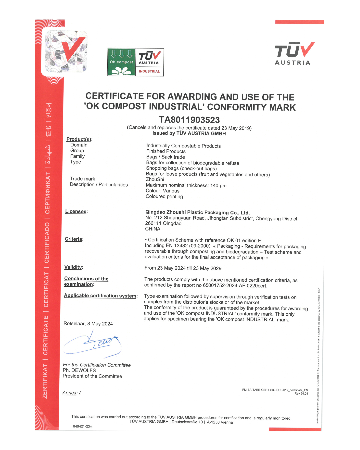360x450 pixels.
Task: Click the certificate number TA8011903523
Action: click(x=189, y=120)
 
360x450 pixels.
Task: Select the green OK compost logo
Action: click(x=121, y=62)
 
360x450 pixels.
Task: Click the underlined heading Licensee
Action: click(x=76, y=211)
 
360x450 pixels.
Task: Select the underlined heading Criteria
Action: click(x=74, y=239)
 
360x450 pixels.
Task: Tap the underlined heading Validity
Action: click(x=73, y=267)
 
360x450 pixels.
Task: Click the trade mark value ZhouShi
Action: click(x=155, y=179)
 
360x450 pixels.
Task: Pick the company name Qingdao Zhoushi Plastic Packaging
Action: click(x=197, y=212)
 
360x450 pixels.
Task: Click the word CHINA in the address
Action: click(x=153, y=229)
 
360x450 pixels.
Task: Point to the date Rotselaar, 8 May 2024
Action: click(x=88, y=324)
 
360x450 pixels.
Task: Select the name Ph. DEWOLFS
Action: click(x=79, y=370)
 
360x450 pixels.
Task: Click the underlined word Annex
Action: click(x=70, y=393)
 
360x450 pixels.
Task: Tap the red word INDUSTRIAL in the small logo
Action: click(x=149, y=71)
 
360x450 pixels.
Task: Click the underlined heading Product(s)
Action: click(x=79, y=139)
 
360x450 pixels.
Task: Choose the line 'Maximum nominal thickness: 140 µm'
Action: click(x=186, y=185)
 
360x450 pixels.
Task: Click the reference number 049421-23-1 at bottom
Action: click(x=83, y=426)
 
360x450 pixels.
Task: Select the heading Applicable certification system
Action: click(x=100, y=296)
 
